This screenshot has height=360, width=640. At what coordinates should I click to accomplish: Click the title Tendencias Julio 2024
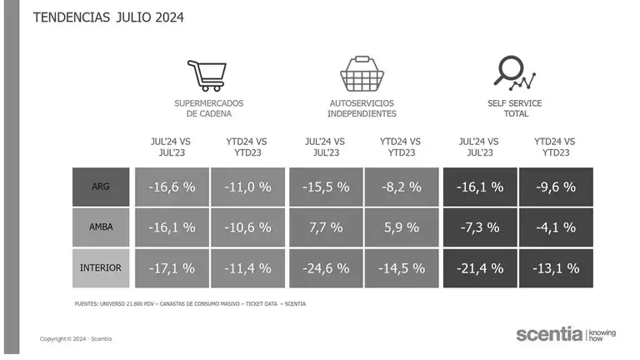pyautogui.click(x=108, y=17)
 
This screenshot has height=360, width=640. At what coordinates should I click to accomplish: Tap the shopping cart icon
pyautogui.click(x=205, y=75)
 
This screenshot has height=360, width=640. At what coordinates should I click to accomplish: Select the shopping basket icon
pyautogui.click(x=361, y=74)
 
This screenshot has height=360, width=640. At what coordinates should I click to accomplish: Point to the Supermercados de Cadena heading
pyautogui.click(x=203, y=108)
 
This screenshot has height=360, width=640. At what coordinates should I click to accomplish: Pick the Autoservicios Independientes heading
pyautogui.click(x=362, y=108)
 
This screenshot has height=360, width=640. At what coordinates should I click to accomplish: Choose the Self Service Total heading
pyautogui.click(x=514, y=108)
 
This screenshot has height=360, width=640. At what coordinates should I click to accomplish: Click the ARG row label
pyautogui.click(x=101, y=187)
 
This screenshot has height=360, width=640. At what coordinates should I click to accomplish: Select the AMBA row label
pyautogui.click(x=101, y=227)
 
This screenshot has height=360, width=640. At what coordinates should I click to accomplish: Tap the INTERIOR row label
pyautogui.click(x=101, y=267)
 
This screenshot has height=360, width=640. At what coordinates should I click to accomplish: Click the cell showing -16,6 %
pyautogui.click(x=172, y=187)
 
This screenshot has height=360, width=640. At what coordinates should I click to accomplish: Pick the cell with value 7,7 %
pyautogui.click(x=326, y=227)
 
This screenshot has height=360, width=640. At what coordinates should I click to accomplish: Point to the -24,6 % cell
pyautogui.click(x=326, y=268)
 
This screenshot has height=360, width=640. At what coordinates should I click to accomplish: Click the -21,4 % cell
pyautogui.click(x=480, y=268)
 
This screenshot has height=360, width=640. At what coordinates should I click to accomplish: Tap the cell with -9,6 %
pyautogui.click(x=555, y=187)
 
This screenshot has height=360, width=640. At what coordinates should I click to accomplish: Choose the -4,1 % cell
pyautogui.click(x=555, y=227)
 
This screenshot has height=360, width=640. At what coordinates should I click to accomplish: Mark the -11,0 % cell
pyautogui.click(x=247, y=187)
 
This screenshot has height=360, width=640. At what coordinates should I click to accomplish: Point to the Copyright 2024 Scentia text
pyautogui.click(x=76, y=338)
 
